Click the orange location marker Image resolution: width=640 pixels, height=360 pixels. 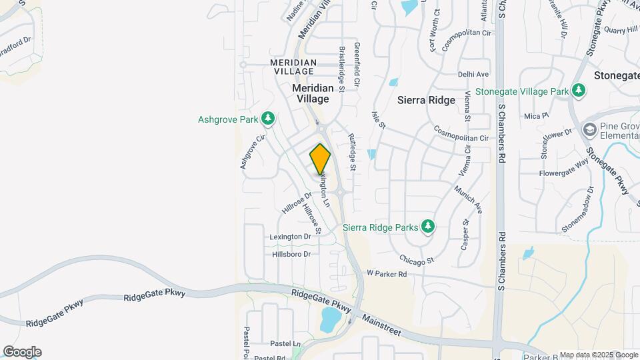coord(321,159)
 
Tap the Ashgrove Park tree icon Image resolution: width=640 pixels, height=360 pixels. coord(268,119)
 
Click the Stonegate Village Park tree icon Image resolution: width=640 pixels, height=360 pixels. coord(579,91)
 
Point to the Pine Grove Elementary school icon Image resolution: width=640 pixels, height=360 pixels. coord(589,129)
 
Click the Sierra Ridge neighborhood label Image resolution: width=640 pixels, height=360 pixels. coord(426,100)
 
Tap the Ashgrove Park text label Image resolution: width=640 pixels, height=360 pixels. coord(228,120)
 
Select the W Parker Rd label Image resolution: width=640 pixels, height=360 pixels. coord(387,274)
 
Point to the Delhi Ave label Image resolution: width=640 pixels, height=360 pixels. coord(473,74)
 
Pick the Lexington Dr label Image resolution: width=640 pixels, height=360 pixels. coord(291,237)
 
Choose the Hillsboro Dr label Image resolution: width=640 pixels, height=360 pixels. coord(291,254)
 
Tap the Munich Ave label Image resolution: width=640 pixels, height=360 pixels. coord(468,198)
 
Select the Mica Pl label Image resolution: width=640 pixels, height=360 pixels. coord(536,115)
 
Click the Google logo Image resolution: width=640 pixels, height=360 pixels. coord(22,351)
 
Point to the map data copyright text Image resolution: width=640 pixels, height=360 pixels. coord(597,355)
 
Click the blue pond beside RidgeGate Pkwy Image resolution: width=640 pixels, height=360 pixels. coord(329,320)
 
